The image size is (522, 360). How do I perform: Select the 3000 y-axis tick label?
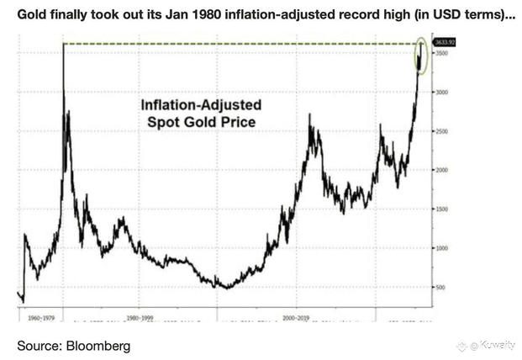pyautogui.click(x=441, y=92)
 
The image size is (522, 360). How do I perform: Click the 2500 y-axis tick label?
pyautogui.click(x=441, y=130)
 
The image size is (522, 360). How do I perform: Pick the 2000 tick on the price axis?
pyautogui.click(x=441, y=170)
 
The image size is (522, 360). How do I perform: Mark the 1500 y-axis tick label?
pyautogui.click(x=441, y=209)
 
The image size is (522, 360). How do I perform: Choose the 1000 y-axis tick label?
pyautogui.click(x=441, y=248)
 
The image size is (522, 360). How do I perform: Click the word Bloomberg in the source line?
pyautogui.click(x=98, y=345)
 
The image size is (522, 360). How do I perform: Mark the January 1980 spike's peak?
pyautogui.click(x=64, y=45)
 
